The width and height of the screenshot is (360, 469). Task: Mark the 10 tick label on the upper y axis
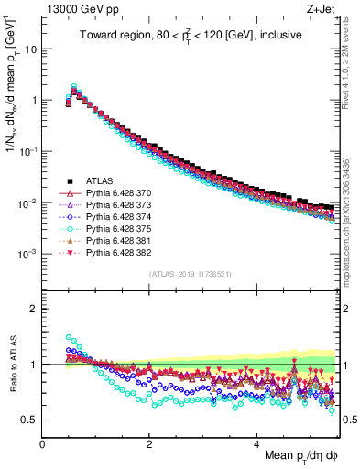[x=30, y=49]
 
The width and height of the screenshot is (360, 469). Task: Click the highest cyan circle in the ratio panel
[x=69, y=337]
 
